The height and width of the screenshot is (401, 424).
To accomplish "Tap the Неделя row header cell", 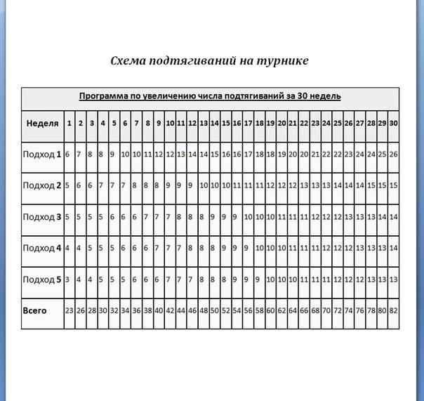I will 42,123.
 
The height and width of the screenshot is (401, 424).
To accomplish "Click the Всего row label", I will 35,310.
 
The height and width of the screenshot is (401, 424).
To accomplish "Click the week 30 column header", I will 393,123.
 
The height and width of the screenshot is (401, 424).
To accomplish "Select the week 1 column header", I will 69,123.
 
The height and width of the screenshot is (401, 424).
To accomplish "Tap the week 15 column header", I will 226,123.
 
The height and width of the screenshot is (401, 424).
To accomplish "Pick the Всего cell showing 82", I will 393,310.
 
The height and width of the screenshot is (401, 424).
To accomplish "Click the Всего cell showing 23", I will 69,310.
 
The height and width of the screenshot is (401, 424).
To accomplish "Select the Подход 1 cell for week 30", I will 393,154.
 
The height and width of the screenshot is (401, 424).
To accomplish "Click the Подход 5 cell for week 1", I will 67,280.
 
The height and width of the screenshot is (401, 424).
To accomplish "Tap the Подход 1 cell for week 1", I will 67,154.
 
